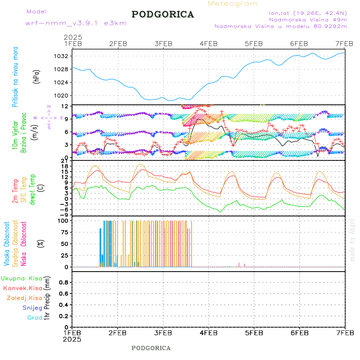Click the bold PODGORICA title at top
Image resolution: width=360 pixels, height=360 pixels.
click(163, 14)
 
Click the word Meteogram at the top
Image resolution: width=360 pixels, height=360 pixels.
click(233, 4)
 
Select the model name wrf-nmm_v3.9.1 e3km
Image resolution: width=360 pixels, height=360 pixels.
click(76, 23)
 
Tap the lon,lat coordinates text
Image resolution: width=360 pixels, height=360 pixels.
click(308, 12)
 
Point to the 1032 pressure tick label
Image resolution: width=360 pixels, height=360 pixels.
click(62, 56)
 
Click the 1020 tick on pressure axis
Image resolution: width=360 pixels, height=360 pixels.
click(62, 96)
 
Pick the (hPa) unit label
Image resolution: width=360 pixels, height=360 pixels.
click(36, 76)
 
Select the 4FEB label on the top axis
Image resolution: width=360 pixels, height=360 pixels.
click(208, 43)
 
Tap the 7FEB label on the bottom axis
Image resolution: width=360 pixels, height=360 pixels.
click(344, 333)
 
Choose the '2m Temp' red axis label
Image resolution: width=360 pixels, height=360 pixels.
click(15, 191)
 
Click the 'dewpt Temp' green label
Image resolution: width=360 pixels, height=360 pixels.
click(32, 188)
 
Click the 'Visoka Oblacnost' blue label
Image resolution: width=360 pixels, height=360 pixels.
click(7, 243)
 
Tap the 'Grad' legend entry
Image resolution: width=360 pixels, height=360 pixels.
click(35, 318)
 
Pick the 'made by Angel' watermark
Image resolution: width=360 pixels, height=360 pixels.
click(352, 240)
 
